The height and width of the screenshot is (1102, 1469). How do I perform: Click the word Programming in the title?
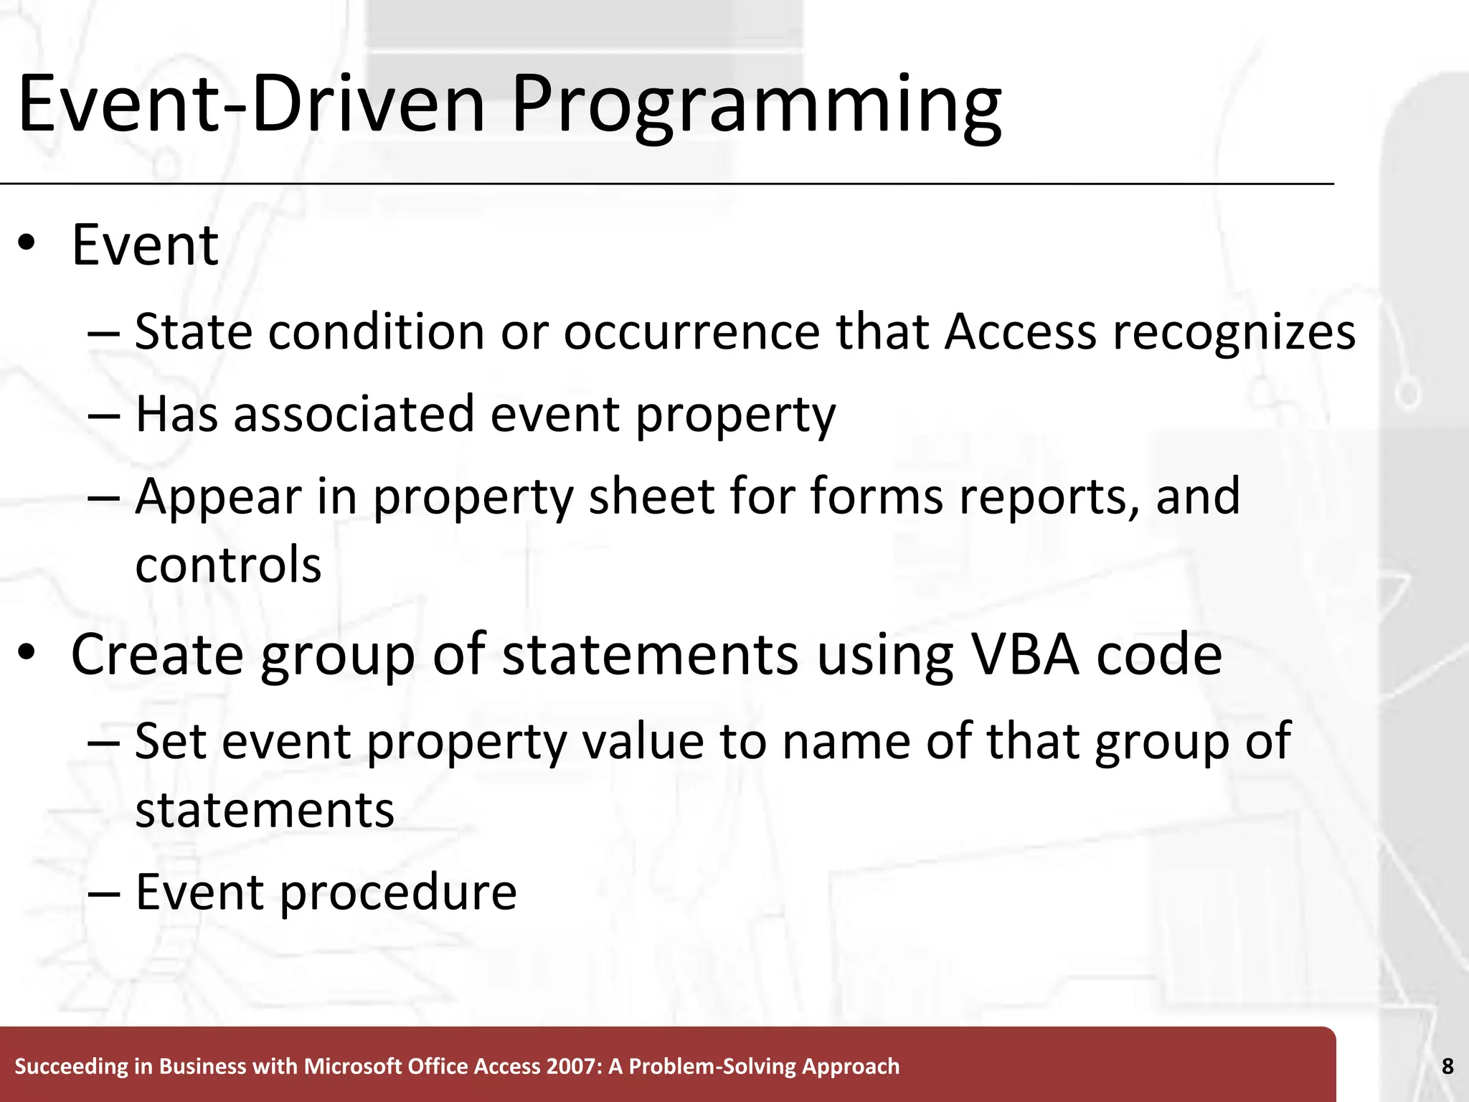[x=756, y=106]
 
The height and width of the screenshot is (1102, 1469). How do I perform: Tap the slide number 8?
[x=1447, y=1066]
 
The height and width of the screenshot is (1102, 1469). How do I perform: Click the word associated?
[x=354, y=414]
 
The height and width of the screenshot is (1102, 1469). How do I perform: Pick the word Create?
[x=157, y=654]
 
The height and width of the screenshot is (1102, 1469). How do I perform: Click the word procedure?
[x=397, y=893]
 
